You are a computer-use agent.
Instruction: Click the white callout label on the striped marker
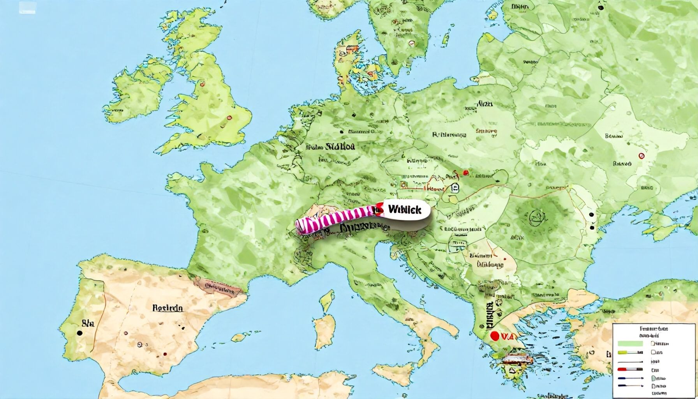(x=405, y=210)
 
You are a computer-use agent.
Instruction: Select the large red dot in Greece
(x=495, y=335)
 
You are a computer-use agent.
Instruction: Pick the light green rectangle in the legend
(x=630, y=343)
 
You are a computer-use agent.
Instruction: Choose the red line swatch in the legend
(x=630, y=369)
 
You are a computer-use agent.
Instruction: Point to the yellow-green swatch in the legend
(x=630, y=352)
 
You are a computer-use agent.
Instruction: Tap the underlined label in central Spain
(x=167, y=308)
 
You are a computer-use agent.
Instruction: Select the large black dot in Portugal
(x=80, y=333)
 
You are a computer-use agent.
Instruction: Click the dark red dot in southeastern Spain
(x=165, y=354)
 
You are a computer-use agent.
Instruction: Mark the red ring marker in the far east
(x=642, y=156)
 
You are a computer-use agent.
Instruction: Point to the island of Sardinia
(x=325, y=331)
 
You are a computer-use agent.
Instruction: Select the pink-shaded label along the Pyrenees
(x=218, y=289)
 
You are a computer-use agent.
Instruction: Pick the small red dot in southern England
(x=229, y=117)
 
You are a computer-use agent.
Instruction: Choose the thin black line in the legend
(x=630, y=361)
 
